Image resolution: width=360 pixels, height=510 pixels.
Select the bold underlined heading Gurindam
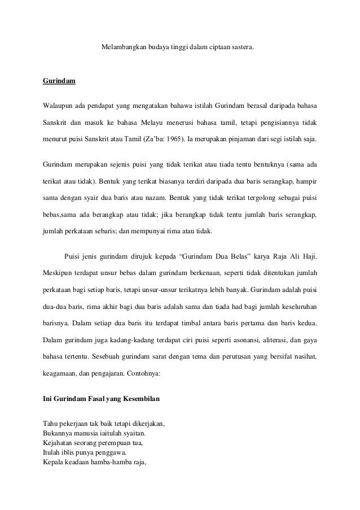pyautogui.click(x=59, y=81)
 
